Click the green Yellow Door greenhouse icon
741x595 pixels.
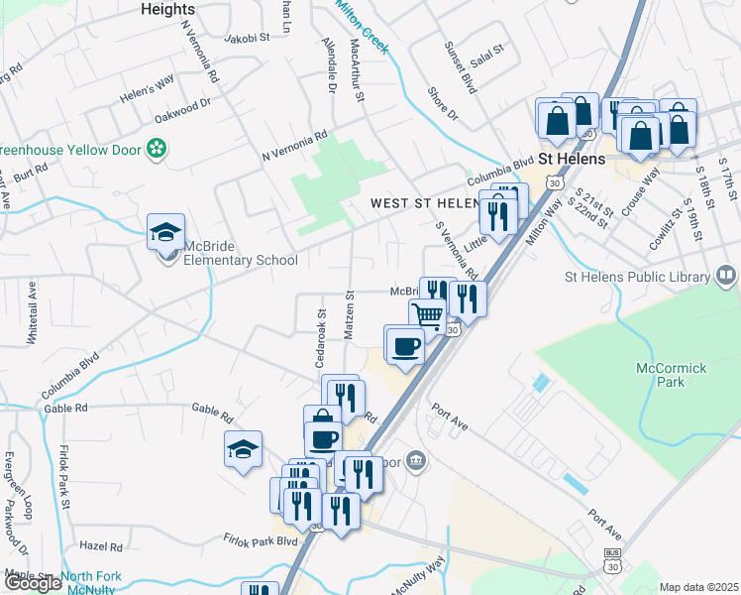(x=155, y=149)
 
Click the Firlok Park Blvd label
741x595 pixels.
(x=261, y=541)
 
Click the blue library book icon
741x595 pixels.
(x=726, y=274)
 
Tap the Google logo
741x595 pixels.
(x=33, y=583)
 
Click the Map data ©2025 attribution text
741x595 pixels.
(x=698, y=587)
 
